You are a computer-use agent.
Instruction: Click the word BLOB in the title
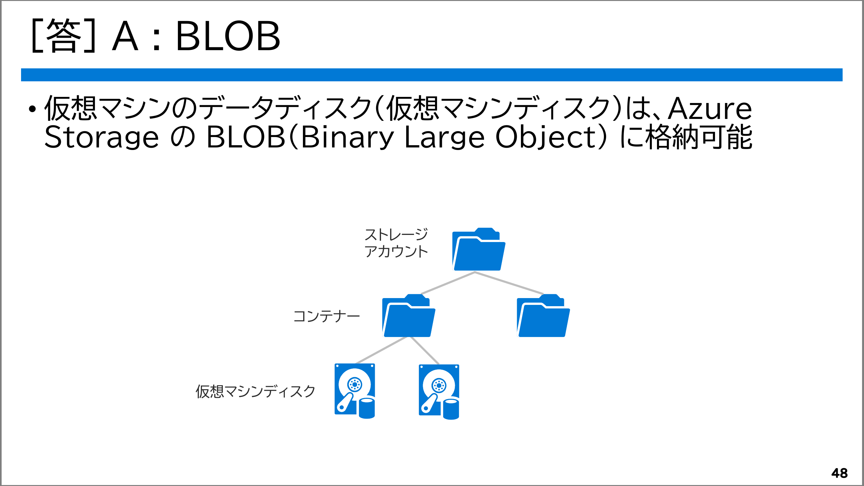[228, 36]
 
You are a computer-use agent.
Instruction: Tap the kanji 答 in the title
[64, 36]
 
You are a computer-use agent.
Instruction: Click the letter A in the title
[125, 36]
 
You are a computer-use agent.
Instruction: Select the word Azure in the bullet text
[710, 109]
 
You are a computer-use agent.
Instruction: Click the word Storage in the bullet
[101, 137]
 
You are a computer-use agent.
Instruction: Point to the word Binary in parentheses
[347, 137]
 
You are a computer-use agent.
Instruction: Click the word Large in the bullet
[444, 137]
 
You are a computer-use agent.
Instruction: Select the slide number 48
[839, 473]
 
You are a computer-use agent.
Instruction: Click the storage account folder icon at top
[478, 249]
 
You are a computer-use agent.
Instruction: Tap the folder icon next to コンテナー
[409, 316]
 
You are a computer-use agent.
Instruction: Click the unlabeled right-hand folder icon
[543, 316]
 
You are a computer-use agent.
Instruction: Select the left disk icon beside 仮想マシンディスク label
[354, 391]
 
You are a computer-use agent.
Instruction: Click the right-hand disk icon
[439, 392]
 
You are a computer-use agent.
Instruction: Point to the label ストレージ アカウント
[396, 243]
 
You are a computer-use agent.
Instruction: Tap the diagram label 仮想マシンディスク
[256, 391]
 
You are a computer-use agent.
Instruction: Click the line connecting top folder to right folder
[509, 283]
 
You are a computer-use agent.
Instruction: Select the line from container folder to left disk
[381, 350]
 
